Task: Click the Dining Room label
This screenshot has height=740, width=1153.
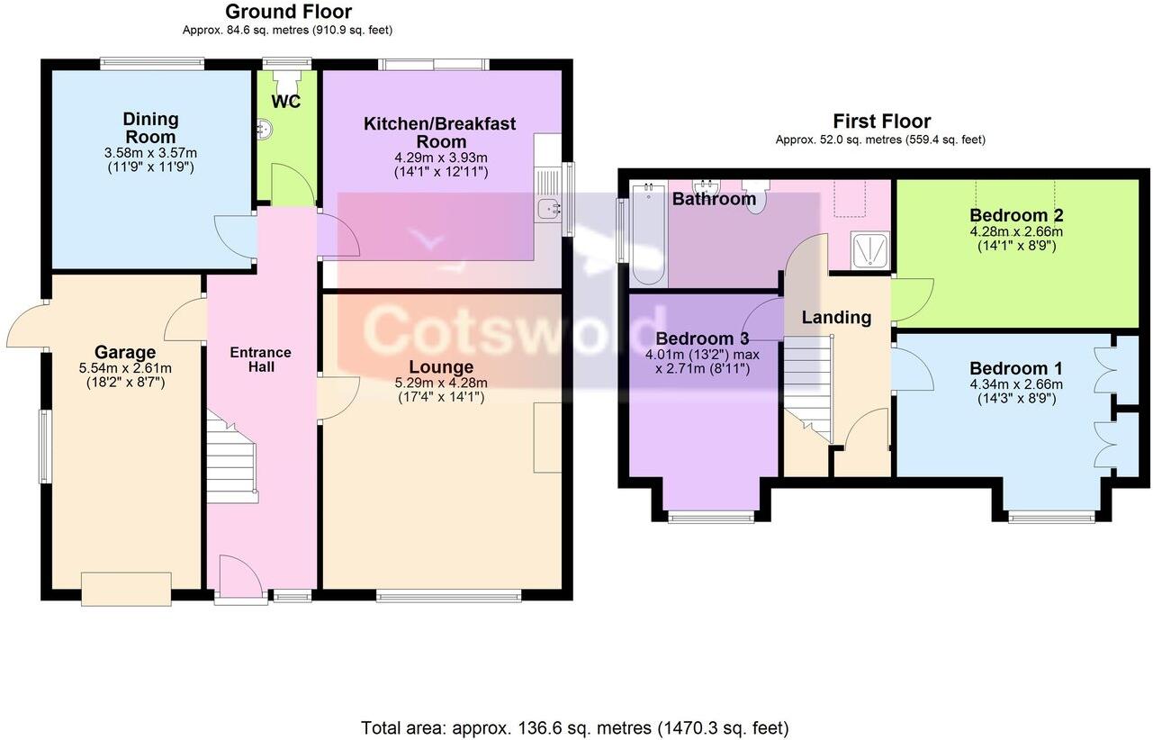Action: [150, 128]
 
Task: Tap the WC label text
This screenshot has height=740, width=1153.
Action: [286, 102]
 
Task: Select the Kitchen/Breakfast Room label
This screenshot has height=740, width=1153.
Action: [440, 132]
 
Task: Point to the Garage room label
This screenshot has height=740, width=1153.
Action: [125, 352]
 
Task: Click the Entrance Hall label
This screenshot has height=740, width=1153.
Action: [261, 359]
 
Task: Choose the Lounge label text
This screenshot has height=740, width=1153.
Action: [441, 367]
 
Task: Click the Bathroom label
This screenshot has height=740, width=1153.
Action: [714, 199]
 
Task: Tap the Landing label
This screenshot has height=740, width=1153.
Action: [836, 317]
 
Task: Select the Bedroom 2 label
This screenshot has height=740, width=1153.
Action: [1016, 215]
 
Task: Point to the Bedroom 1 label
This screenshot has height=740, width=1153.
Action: [1015, 368]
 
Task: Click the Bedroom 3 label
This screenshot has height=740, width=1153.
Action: [702, 339]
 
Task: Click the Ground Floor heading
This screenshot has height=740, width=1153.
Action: [288, 12]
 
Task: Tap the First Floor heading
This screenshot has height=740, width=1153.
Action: [881, 122]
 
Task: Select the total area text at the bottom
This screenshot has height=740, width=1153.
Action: [574, 727]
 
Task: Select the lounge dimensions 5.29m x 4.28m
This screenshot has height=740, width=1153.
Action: [441, 383]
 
